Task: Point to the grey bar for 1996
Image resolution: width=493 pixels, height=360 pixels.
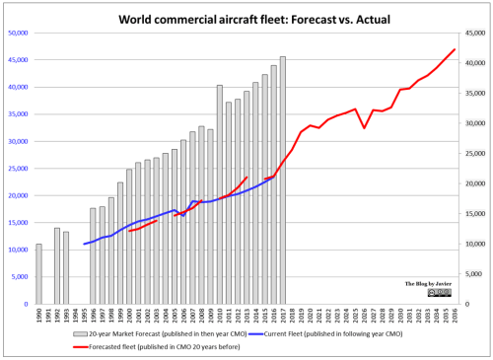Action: pyautogui.click(x=94, y=256)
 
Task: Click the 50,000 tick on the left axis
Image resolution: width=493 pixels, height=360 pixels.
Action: pyautogui.click(x=18, y=33)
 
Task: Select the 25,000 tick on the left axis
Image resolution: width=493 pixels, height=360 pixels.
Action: pyautogui.click(x=18, y=169)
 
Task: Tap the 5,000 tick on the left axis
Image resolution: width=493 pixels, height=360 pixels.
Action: pyautogui.click(x=20, y=277)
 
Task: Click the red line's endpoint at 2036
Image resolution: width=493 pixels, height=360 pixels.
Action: pyautogui.click(x=455, y=49)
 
